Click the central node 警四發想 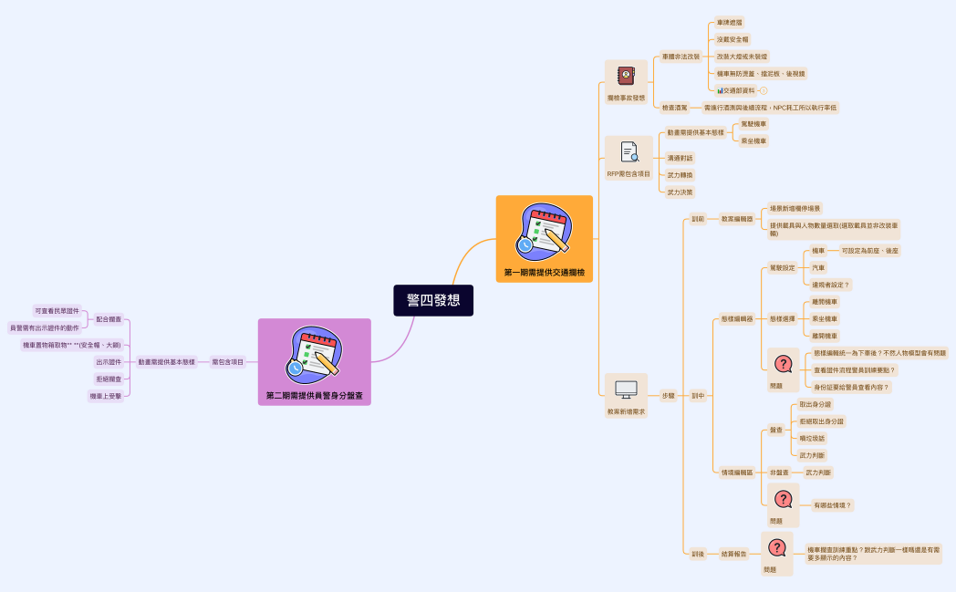[x=433, y=300]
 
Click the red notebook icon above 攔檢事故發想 [x=626, y=76]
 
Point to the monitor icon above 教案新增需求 [x=626, y=389]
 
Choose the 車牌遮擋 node [x=730, y=22]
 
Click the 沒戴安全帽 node [x=732, y=39]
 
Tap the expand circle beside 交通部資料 [x=764, y=90]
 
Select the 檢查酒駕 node [x=675, y=108]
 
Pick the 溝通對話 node [x=680, y=158]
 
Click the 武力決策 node [x=680, y=192]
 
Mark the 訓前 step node [x=698, y=219]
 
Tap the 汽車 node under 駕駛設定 [x=818, y=268]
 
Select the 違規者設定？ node [x=830, y=285]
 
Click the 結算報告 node [x=733, y=554]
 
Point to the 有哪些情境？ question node [x=832, y=505]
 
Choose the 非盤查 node [x=779, y=473]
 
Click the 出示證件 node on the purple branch [x=109, y=362]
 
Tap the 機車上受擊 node [x=106, y=396]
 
